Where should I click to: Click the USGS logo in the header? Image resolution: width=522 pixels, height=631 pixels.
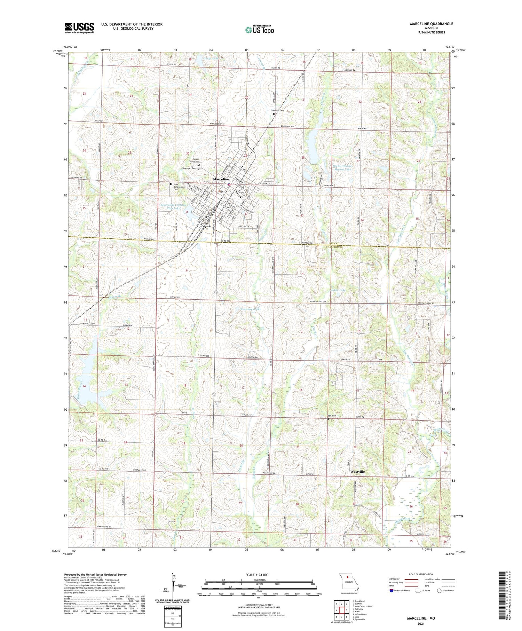click(79, 28)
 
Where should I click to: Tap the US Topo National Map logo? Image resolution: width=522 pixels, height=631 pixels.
click(259, 30)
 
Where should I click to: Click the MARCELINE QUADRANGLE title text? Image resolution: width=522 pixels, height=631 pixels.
click(431, 24)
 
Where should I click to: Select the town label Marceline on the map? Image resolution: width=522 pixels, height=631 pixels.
click(221, 179)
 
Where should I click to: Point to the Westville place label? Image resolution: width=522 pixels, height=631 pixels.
click(357, 472)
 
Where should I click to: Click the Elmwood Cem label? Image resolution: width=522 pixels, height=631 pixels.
click(278, 111)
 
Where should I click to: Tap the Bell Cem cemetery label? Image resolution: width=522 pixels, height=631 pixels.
click(332, 416)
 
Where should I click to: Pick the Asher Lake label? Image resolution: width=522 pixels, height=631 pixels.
click(338, 290)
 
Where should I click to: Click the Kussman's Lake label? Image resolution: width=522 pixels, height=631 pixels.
click(251, 309)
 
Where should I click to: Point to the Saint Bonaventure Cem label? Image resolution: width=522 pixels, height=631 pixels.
click(181, 187)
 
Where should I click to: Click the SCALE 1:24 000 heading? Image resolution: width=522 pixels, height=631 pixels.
click(259, 575)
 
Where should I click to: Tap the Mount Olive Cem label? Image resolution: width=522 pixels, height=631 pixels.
click(194, 160)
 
